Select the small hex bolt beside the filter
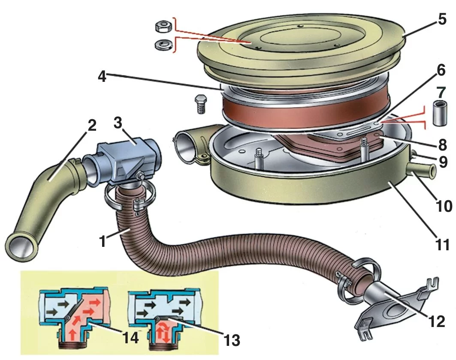pyautogui.click(x=199, y=104)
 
